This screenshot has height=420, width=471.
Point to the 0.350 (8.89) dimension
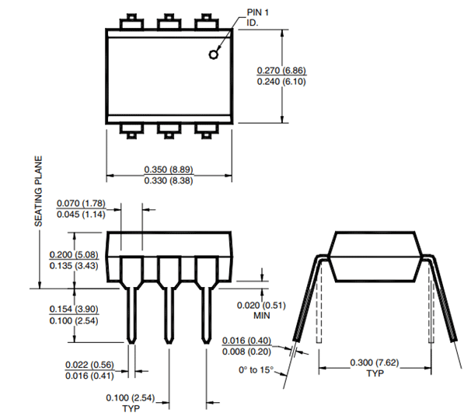pyautogui.click(x=170, y=170)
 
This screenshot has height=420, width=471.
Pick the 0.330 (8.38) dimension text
pyautogui.click(x=170, y=181)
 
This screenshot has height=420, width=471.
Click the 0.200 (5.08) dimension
pyautogui.click(x=75, y=255)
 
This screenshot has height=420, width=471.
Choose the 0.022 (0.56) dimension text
pyautogui.click(x=89, y=365)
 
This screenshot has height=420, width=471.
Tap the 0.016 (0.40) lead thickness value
pyautogui.click(x=247, y=341)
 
